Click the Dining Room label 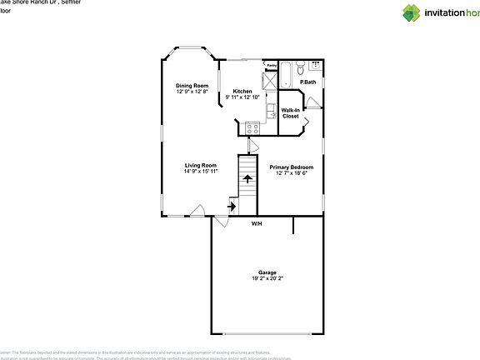[191, 85]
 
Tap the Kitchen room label [242, 92]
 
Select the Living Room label [201, 165]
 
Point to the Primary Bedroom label [291, 167]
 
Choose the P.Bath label [308, 82]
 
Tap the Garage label [267, 272]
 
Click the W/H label [257, 223]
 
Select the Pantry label [271, 65]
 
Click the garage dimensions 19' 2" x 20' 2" [267, 279]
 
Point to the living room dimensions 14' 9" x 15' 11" [201, 172]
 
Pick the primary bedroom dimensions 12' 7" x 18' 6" [291, 173]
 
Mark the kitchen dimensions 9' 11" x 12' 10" [243, 97]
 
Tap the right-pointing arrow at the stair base [232, 205]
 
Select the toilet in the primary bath [314, 66]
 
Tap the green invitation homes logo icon [412, 12]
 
